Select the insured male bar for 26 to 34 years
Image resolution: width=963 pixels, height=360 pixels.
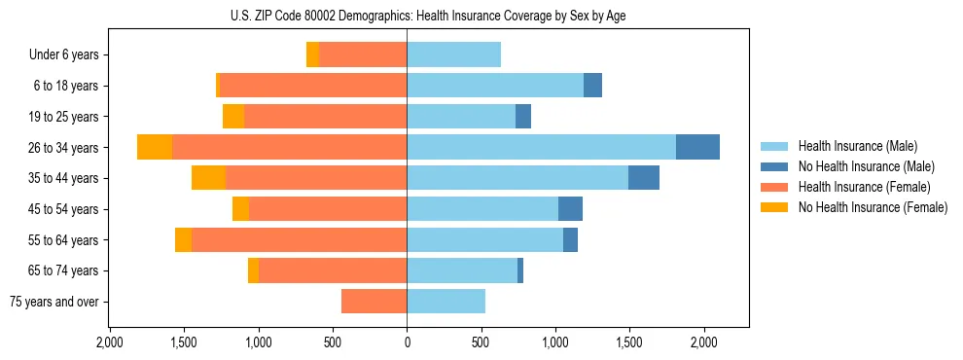tap(541, 147)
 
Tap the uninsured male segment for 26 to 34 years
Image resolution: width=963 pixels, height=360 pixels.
tap(697, 147)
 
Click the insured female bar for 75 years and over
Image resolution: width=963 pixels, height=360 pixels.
tap(374, 302)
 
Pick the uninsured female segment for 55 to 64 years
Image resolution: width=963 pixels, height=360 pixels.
tap(183, 240)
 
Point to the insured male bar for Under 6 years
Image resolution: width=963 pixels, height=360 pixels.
tap(453, 54)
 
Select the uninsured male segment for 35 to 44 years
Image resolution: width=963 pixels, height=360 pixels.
tap(644, 178)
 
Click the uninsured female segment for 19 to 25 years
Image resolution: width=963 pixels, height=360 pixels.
tap(233, 117)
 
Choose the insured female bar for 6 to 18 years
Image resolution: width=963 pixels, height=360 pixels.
tap(313, 86)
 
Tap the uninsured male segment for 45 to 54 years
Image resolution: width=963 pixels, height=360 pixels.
tap(570, 209)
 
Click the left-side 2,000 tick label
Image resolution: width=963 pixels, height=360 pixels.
tap(110, 342)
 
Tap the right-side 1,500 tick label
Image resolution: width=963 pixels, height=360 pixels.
tap(629, 342)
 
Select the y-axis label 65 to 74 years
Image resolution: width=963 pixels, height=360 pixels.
tap(65, 270)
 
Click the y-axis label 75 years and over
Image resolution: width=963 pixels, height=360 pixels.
tap(54, 302)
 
